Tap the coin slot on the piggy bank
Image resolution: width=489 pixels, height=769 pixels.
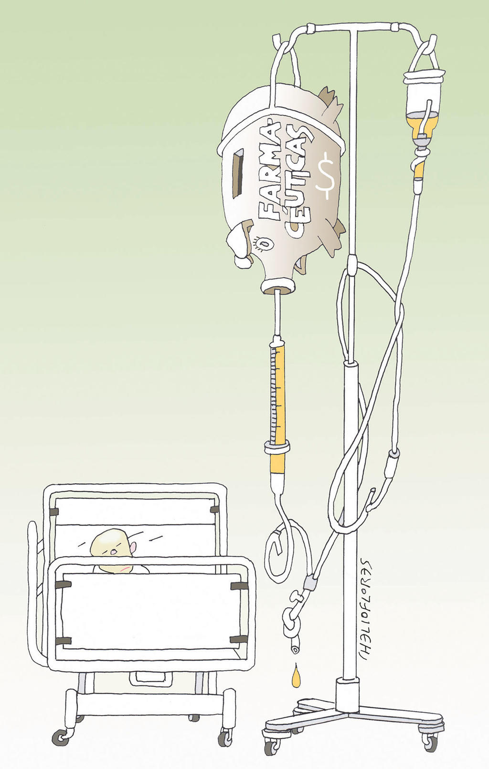coord(237,174)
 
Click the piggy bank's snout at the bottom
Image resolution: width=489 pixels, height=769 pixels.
coord(277,286)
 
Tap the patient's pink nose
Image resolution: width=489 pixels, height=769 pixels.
coord(114,552)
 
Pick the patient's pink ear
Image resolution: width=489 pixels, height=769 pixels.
coord(134,548)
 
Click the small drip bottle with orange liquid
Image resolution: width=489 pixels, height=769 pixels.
coord(423,110)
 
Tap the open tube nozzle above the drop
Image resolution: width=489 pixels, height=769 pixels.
coord(295,648)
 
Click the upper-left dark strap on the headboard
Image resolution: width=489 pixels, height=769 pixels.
coord(53,512)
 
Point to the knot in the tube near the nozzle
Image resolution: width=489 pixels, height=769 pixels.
coord(292,625)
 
